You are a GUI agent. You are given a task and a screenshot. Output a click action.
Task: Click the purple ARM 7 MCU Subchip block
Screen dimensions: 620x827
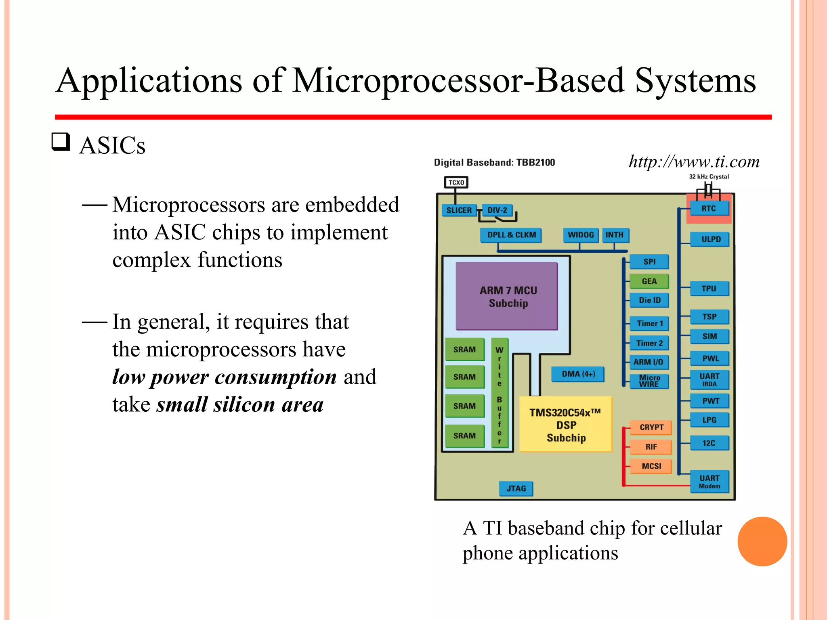[507, 296]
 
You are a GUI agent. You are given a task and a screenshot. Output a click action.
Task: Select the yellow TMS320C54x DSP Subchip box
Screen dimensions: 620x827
[565, 424]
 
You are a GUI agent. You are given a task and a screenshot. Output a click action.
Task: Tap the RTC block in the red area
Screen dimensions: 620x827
[709, 209]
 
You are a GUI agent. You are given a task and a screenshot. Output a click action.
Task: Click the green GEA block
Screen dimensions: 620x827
[649, 281]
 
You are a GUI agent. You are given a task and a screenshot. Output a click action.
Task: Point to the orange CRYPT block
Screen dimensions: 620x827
[651, 427]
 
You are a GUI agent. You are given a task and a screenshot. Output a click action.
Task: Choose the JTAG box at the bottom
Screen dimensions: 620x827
[516, 488]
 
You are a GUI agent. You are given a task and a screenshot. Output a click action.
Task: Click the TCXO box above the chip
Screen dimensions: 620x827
[456, 182]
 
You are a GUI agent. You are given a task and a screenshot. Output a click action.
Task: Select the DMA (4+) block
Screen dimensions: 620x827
[578, 374]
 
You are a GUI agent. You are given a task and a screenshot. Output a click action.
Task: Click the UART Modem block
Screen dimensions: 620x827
[709, 481]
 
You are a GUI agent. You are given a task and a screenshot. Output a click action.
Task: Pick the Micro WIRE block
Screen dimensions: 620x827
[649, 381]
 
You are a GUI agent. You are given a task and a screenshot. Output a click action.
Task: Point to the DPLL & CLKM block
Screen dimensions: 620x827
[511, 235]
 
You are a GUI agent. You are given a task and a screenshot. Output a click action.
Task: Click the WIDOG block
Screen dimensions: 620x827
[581, 235]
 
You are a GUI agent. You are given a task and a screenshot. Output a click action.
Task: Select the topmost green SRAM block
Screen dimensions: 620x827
[464, 350]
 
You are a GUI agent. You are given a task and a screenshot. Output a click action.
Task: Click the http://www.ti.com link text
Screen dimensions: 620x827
[694, 161]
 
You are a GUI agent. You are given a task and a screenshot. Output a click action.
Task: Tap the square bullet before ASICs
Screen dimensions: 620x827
[61, 142]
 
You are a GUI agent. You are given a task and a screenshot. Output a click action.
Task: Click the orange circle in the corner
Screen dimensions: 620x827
[762, 541]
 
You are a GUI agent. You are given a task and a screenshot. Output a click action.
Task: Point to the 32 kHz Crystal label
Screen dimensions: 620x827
[709, 177]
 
